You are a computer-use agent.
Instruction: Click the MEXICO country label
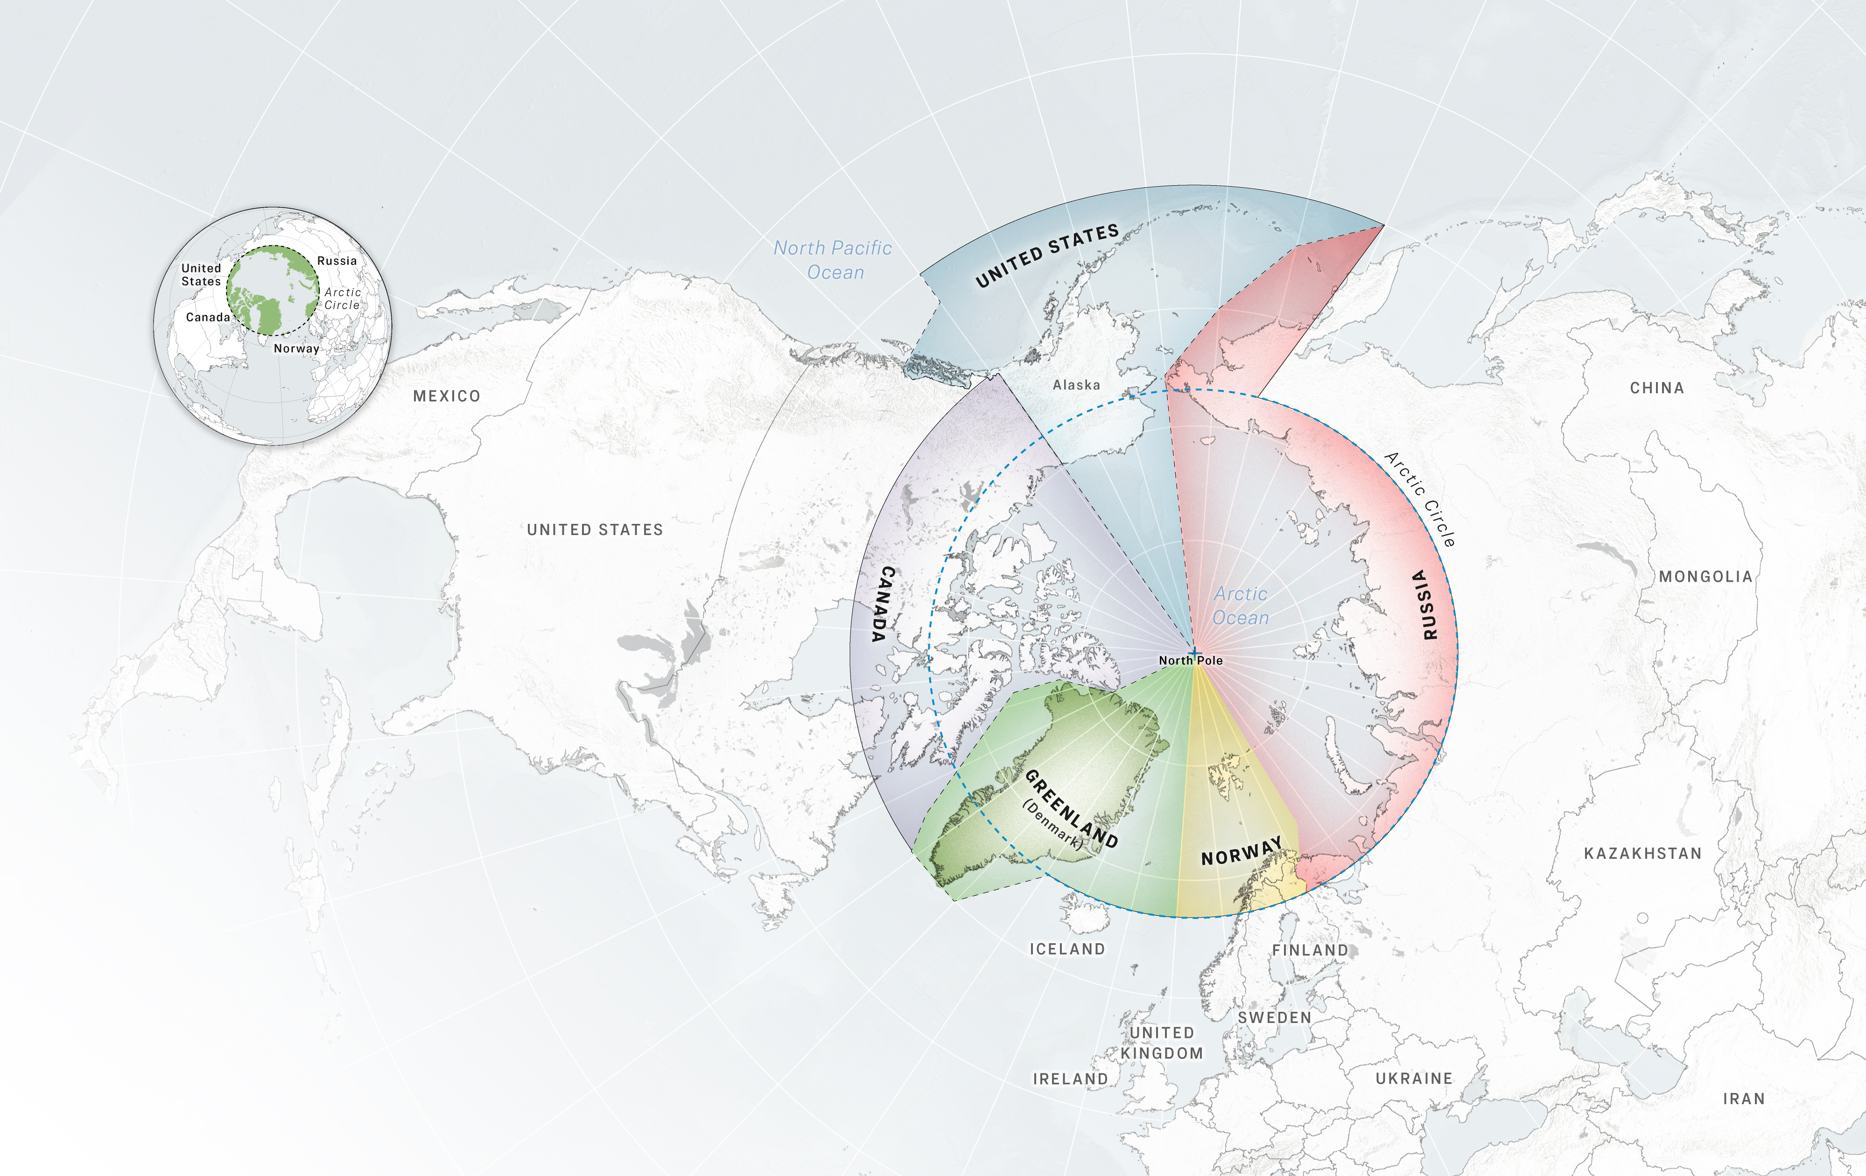(x=446, y=396)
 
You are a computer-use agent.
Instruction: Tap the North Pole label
(x=1190, y=660)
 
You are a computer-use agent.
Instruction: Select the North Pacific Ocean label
(x=833, y=259)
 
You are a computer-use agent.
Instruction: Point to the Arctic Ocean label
(x=1241, y=606)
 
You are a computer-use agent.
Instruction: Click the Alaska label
(x=1075, y=385)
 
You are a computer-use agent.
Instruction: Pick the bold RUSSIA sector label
(x=1425, y=604)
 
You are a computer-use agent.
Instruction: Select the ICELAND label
(x=1067, y=949)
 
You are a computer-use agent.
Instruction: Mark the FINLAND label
(x=1310, y=950)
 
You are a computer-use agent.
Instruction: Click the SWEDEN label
(x=1274, y=1017)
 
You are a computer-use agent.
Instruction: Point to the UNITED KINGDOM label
(x=1162, y=1043)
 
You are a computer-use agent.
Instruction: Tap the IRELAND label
(x=1070, y=1079)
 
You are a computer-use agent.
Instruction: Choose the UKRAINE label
(x=1413, y=1079)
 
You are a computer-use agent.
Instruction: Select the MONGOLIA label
(x=1705, y=577)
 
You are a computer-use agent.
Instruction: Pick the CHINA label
(x=1657, y=388)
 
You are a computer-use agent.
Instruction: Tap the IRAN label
(x=1744, y=1099)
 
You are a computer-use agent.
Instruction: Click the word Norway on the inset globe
(x=296, y=348)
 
